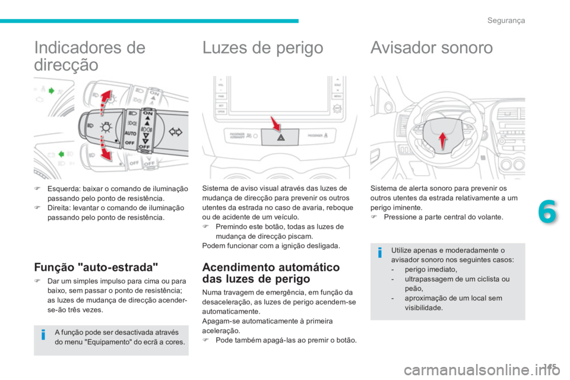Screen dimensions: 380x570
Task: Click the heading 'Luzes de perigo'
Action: coord(263,48)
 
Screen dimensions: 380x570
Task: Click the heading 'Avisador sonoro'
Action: coord(431,48)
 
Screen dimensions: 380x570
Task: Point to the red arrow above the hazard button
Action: coord(275,125)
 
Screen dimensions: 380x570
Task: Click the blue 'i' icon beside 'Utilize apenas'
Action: coord(380,255)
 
